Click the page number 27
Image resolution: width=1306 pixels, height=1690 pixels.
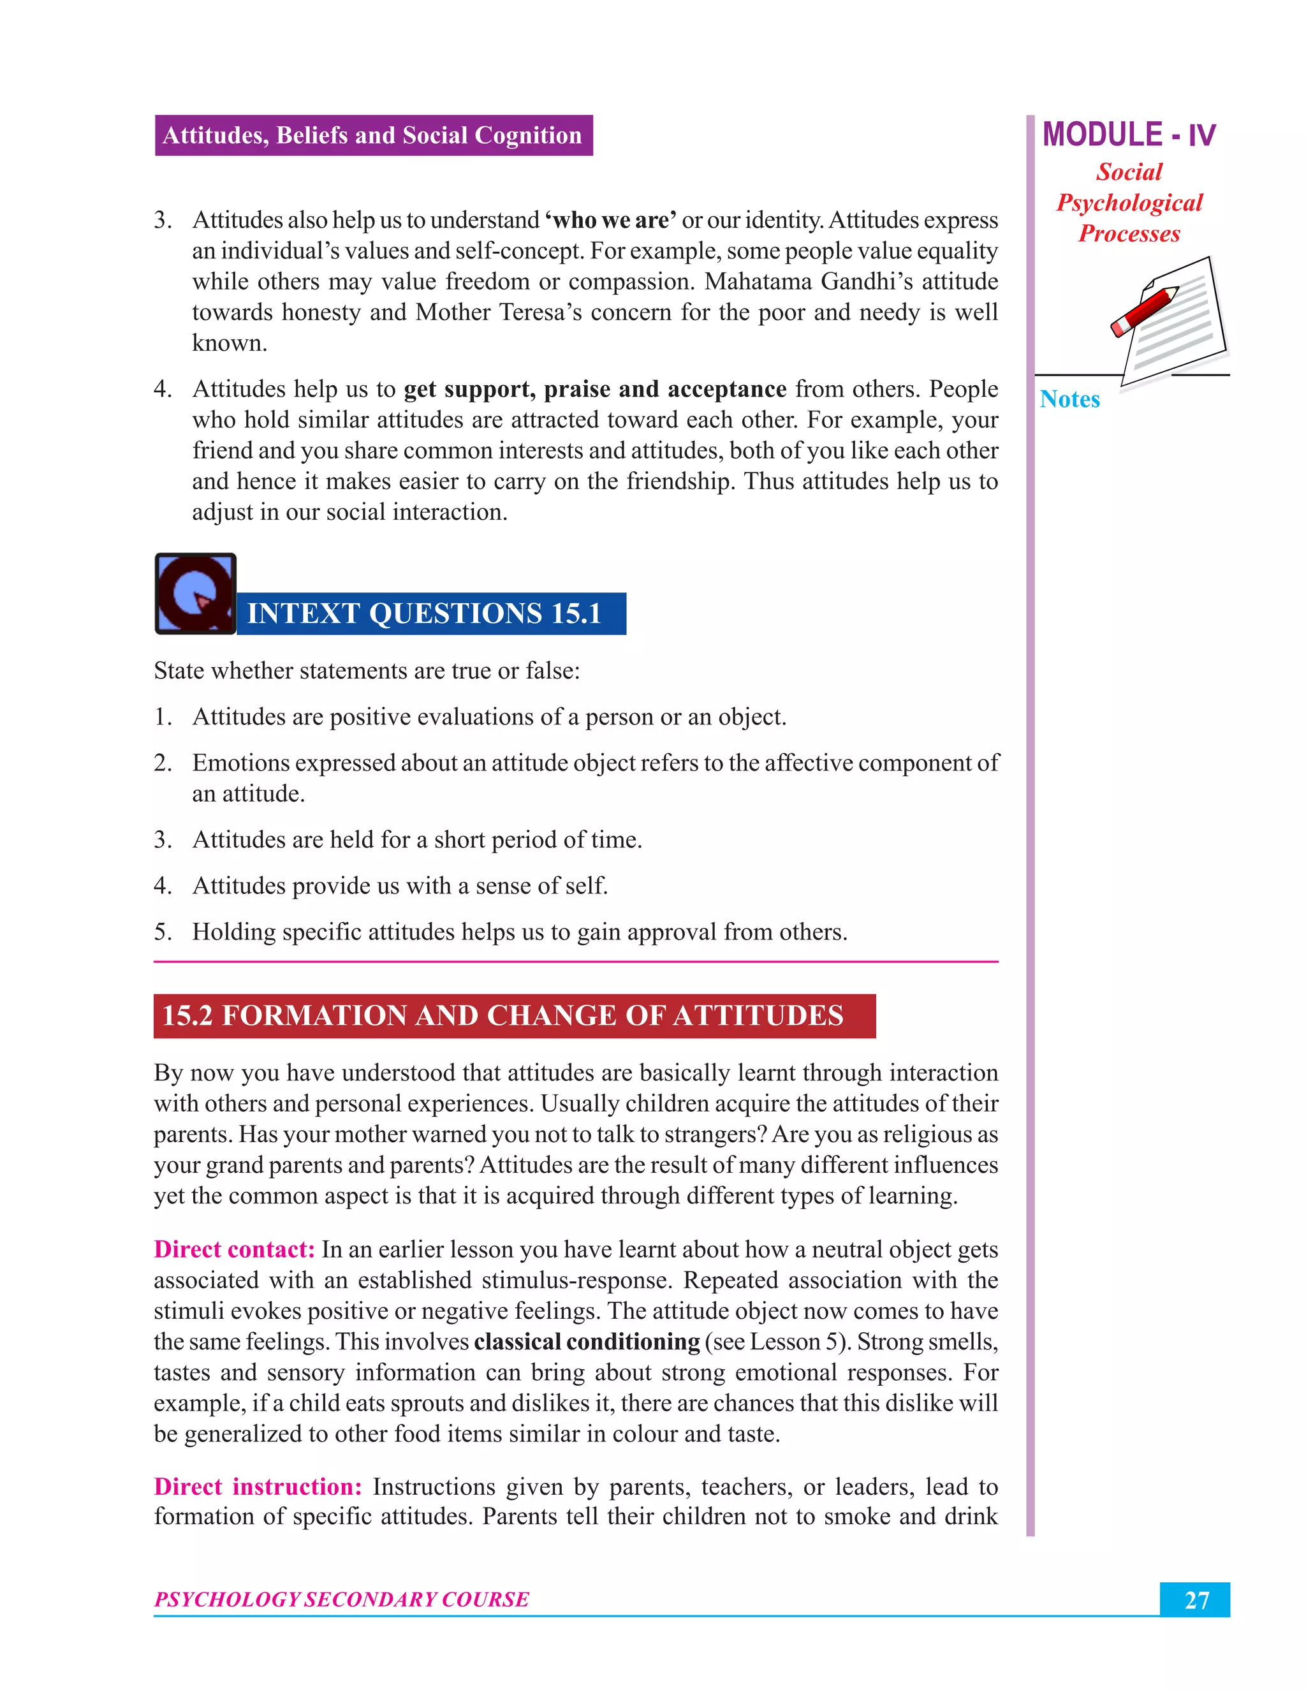[1196, 1599]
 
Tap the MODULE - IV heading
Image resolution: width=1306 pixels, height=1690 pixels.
[1128, 135]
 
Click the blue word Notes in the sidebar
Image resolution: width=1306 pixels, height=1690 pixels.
[1069, 399]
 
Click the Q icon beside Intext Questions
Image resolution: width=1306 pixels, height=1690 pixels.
[195, 594]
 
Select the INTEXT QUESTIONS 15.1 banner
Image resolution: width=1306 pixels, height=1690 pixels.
[430, 614]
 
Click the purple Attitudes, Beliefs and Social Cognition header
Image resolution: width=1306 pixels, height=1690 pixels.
[373, 135]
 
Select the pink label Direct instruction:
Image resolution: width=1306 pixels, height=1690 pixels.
[258, 1486]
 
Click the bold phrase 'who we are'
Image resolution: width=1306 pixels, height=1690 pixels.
[610, 221]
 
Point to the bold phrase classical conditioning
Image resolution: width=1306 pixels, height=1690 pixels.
[587, 1341]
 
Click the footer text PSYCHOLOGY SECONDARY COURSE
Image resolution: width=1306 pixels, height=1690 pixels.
[341, 1599]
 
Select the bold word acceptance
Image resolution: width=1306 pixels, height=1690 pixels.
[726, 389]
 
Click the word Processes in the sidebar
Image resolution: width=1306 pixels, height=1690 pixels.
[1129, 233]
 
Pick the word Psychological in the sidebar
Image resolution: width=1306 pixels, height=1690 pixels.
[1129, 203]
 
